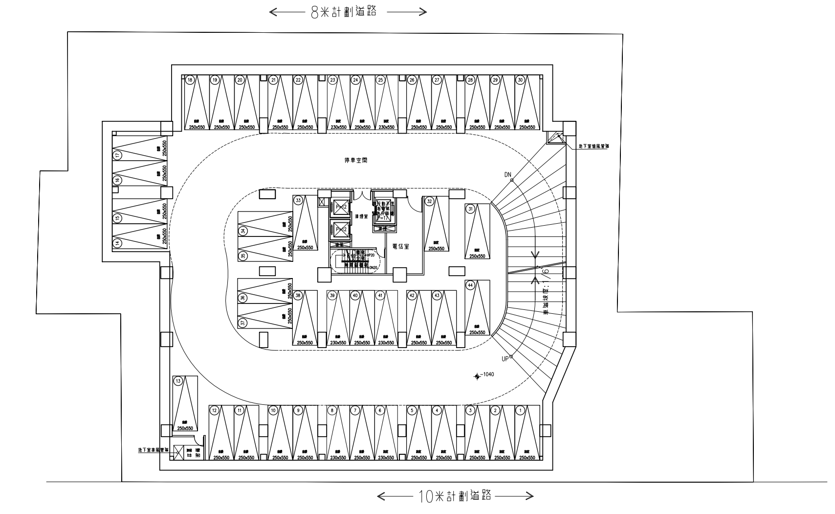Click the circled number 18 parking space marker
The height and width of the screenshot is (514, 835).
(190, 80)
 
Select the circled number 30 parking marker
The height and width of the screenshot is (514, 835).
(520, 80)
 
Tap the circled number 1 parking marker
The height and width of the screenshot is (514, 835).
(521, 410)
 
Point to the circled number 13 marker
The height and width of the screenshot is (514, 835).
(178, 381)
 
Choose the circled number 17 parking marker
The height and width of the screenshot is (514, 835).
(117, 155)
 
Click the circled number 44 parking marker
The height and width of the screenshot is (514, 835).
(470, 284)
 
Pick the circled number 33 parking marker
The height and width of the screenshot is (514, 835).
(298, 199)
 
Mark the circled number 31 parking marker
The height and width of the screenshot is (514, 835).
(471, 209)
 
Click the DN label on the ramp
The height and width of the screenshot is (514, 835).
(508, 175)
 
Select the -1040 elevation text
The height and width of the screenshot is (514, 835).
(488, 374)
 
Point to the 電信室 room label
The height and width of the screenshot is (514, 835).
(400, 247)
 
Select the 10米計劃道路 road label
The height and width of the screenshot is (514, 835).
(455, 496)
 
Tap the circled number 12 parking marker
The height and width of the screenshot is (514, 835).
(214, 410)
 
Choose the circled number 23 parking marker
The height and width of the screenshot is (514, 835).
(332, 80)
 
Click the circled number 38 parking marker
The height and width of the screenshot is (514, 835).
(298, 295)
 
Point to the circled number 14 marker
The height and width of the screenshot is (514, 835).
(117, 242)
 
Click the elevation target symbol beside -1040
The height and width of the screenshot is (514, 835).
(477, 376)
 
